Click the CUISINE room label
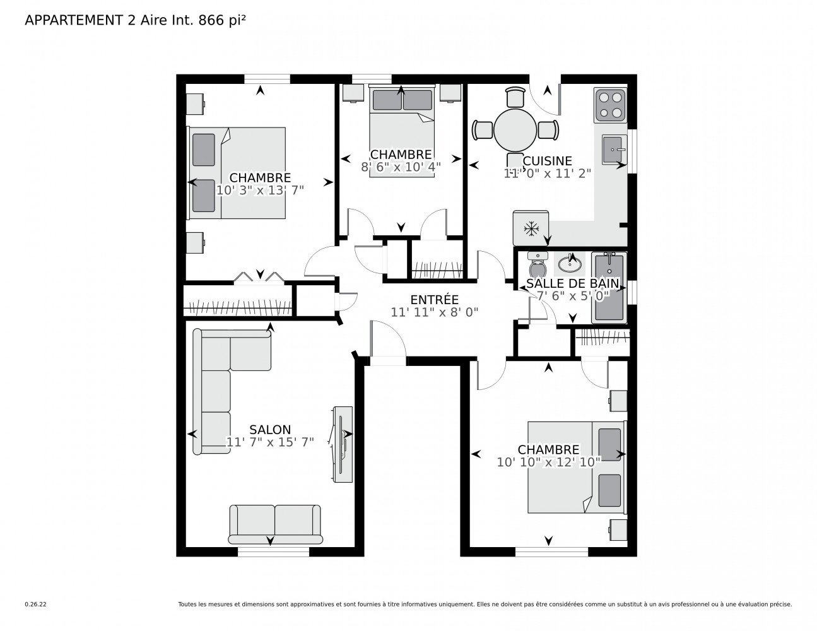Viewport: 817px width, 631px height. pos(547,161)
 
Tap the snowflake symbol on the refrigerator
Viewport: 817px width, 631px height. pos(531,228)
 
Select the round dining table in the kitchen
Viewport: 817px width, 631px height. pos(515,130)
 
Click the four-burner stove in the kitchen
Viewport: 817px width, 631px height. pos(610,105)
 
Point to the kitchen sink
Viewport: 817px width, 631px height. pos(614,150)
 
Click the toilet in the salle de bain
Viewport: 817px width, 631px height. pos(538,265)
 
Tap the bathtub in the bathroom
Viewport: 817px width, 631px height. pos(609,288)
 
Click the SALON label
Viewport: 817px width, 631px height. pos(270,430)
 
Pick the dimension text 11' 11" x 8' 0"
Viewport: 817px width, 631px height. pos(434,312)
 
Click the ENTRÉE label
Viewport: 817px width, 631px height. pos(434,300)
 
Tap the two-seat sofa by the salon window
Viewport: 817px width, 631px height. pos(275,524)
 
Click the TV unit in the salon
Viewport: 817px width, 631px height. pos(343,444)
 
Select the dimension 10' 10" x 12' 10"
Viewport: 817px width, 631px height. pos(548,462)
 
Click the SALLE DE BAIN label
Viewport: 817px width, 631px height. pos(572,283)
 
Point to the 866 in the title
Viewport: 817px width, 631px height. pos(211,20)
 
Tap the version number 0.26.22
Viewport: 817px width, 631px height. pos(36,604)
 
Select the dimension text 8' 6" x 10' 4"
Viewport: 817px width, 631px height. pos(401,167)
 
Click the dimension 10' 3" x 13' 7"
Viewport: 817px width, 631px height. pos(260,190)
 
